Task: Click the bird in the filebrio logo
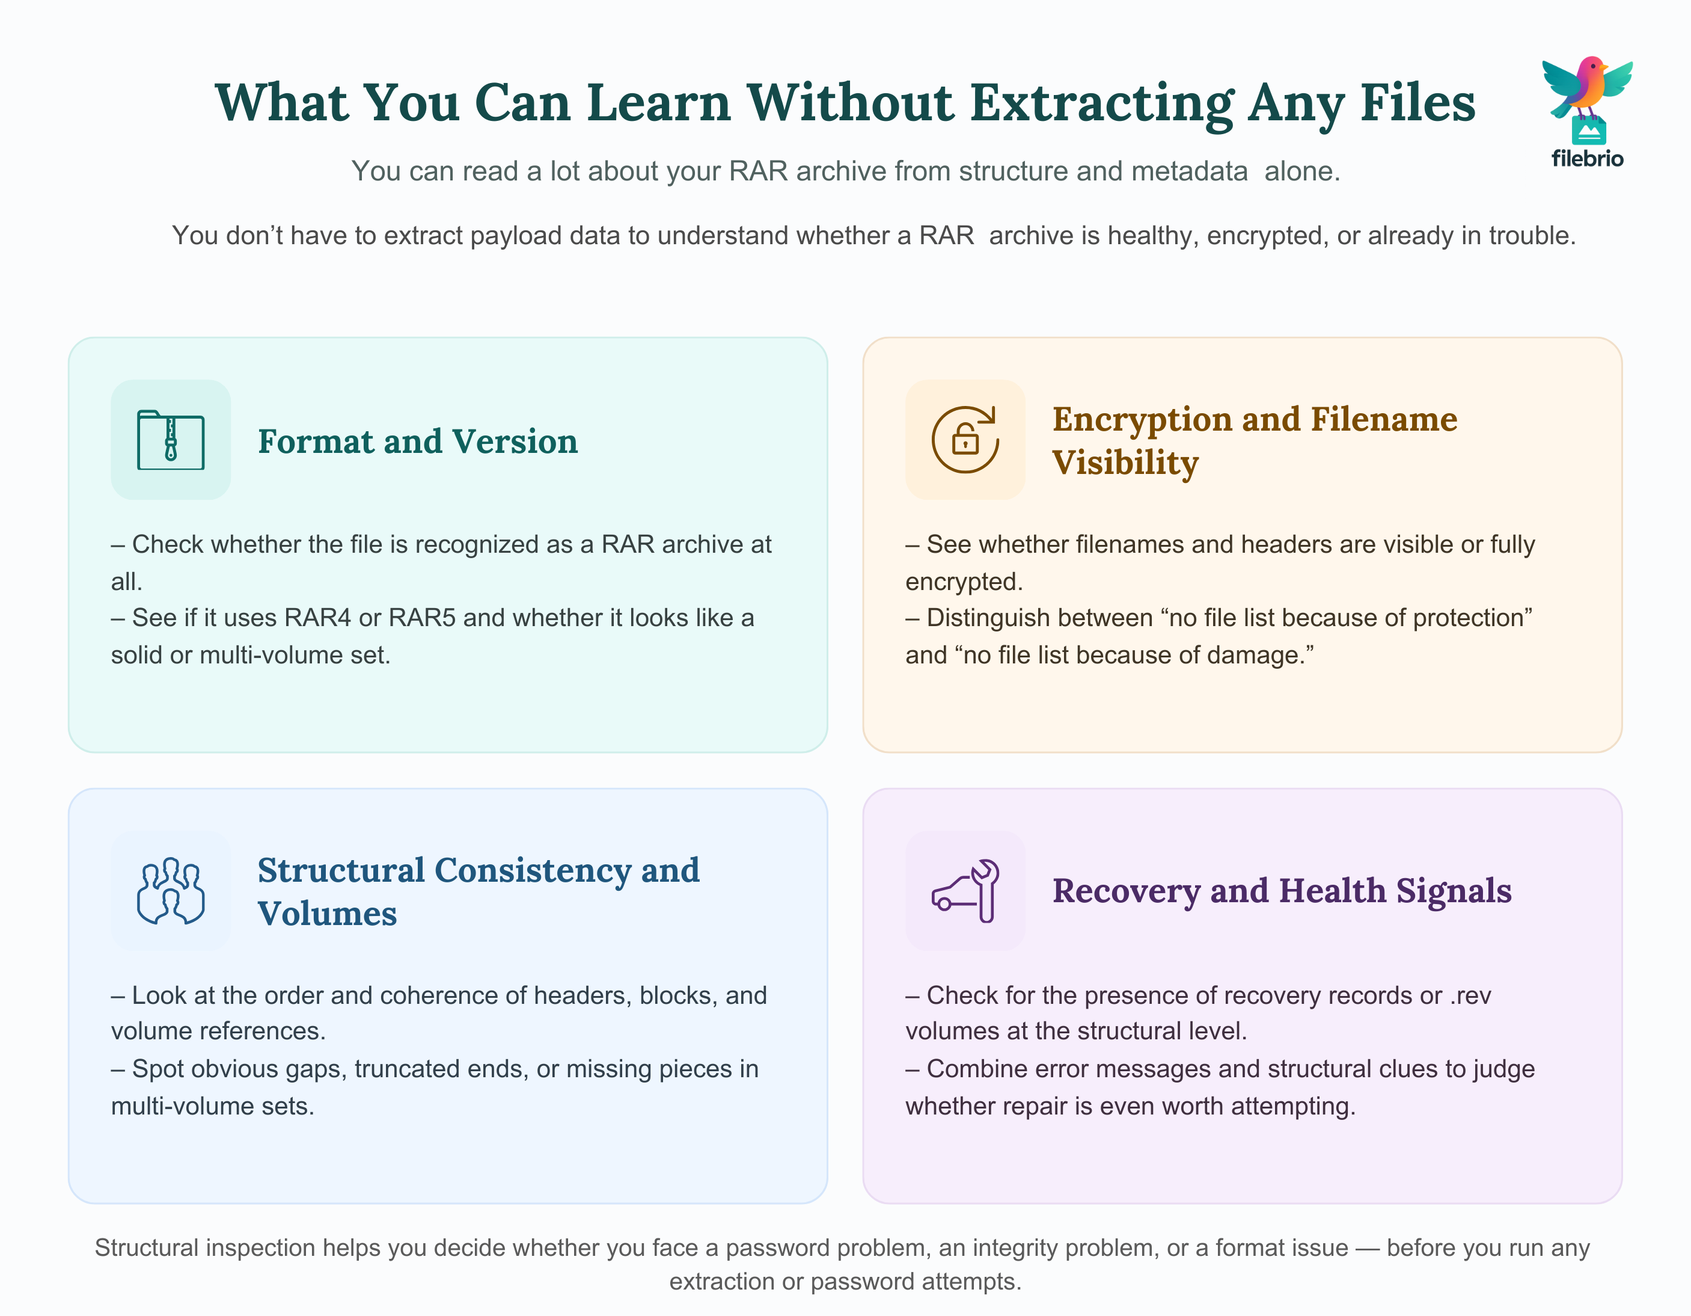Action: pyautogui.click(x=1586, y=87)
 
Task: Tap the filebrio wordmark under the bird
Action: pyautogui.click(x=1587, y=159)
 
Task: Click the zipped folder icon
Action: pyautogui.click(x=170, y=439)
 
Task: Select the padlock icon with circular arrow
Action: pyautogui.click(x=965, y=439)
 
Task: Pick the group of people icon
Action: pyautogui.click(x=170, y=891)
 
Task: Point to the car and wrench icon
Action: pyautogui.click(x=965, y=891)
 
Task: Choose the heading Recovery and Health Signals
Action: pyautogui.click(x=1282, y=891)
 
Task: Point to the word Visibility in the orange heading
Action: pyautogui.click(x=1125, y=463)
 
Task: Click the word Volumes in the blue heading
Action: pyautogui.click(x=327, y=914)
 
